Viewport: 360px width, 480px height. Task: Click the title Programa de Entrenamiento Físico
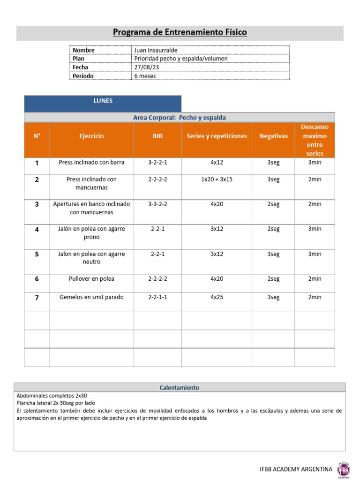coord(180,32)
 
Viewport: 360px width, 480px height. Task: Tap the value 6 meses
coord(145,76)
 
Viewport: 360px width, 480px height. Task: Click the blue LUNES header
coord(103,101)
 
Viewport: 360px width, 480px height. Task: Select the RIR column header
coord(157,136)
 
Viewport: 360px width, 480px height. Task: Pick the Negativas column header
coord(273,136)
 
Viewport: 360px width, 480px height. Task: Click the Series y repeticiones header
coord(217,136)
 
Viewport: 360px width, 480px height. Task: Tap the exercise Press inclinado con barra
coord(91,163)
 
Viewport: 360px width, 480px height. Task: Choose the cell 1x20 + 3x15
coord(217,179)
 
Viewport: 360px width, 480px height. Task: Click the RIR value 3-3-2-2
coord(157,204)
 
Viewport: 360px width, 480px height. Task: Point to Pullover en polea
coord(91,278)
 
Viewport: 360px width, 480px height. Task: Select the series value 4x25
coord(217,297)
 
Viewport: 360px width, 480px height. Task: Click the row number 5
coord(37,254)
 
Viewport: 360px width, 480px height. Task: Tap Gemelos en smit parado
coord(91,297)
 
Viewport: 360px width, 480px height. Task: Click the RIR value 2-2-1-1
coord(157,297)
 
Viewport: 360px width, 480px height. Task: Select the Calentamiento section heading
coord(180,388)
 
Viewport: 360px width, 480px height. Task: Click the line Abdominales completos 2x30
coord(52,396)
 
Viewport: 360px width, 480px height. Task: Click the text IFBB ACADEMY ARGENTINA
coord(296,469)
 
